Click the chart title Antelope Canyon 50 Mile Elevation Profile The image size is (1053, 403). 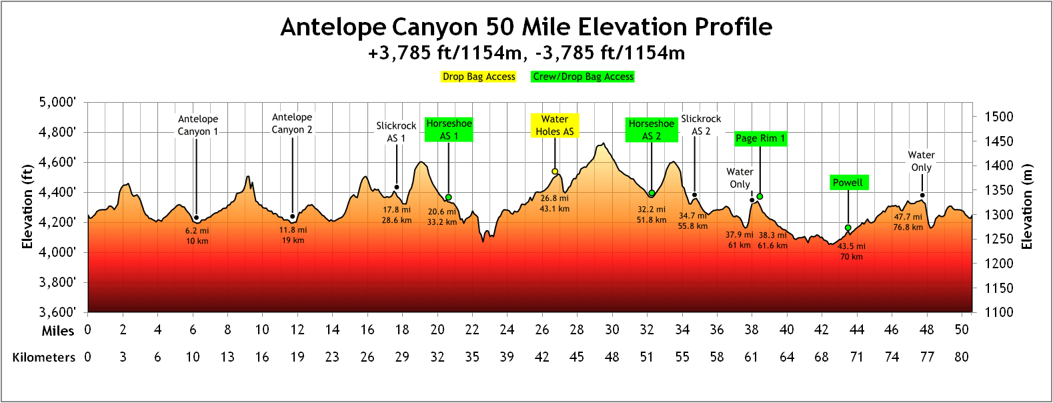[526, 27]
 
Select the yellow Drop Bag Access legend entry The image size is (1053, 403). [479, 77]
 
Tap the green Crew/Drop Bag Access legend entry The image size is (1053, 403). [583, 77]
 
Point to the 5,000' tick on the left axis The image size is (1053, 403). [57, 102]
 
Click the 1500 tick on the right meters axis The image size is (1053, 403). [999, 117]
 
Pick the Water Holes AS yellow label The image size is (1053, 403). [555, 125]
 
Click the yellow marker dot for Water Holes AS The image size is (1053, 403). [555, 171]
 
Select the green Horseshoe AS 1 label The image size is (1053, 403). [449, 129]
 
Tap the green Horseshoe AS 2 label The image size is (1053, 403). [652, 129]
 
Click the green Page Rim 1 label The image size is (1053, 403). [760, 138]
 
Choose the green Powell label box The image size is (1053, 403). [848, 182]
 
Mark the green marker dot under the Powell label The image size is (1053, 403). [848, 228]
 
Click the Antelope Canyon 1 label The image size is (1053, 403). [197, 125]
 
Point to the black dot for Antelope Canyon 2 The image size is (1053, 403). [292, 216]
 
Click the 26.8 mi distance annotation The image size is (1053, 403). [554, 198]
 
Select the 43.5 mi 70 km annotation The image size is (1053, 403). [852, 252]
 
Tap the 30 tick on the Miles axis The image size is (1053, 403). [612, 330]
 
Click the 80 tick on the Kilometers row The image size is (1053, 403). [961, 357]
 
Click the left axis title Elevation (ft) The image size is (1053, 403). [27, 207]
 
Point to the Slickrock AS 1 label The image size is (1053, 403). [396, 131]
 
